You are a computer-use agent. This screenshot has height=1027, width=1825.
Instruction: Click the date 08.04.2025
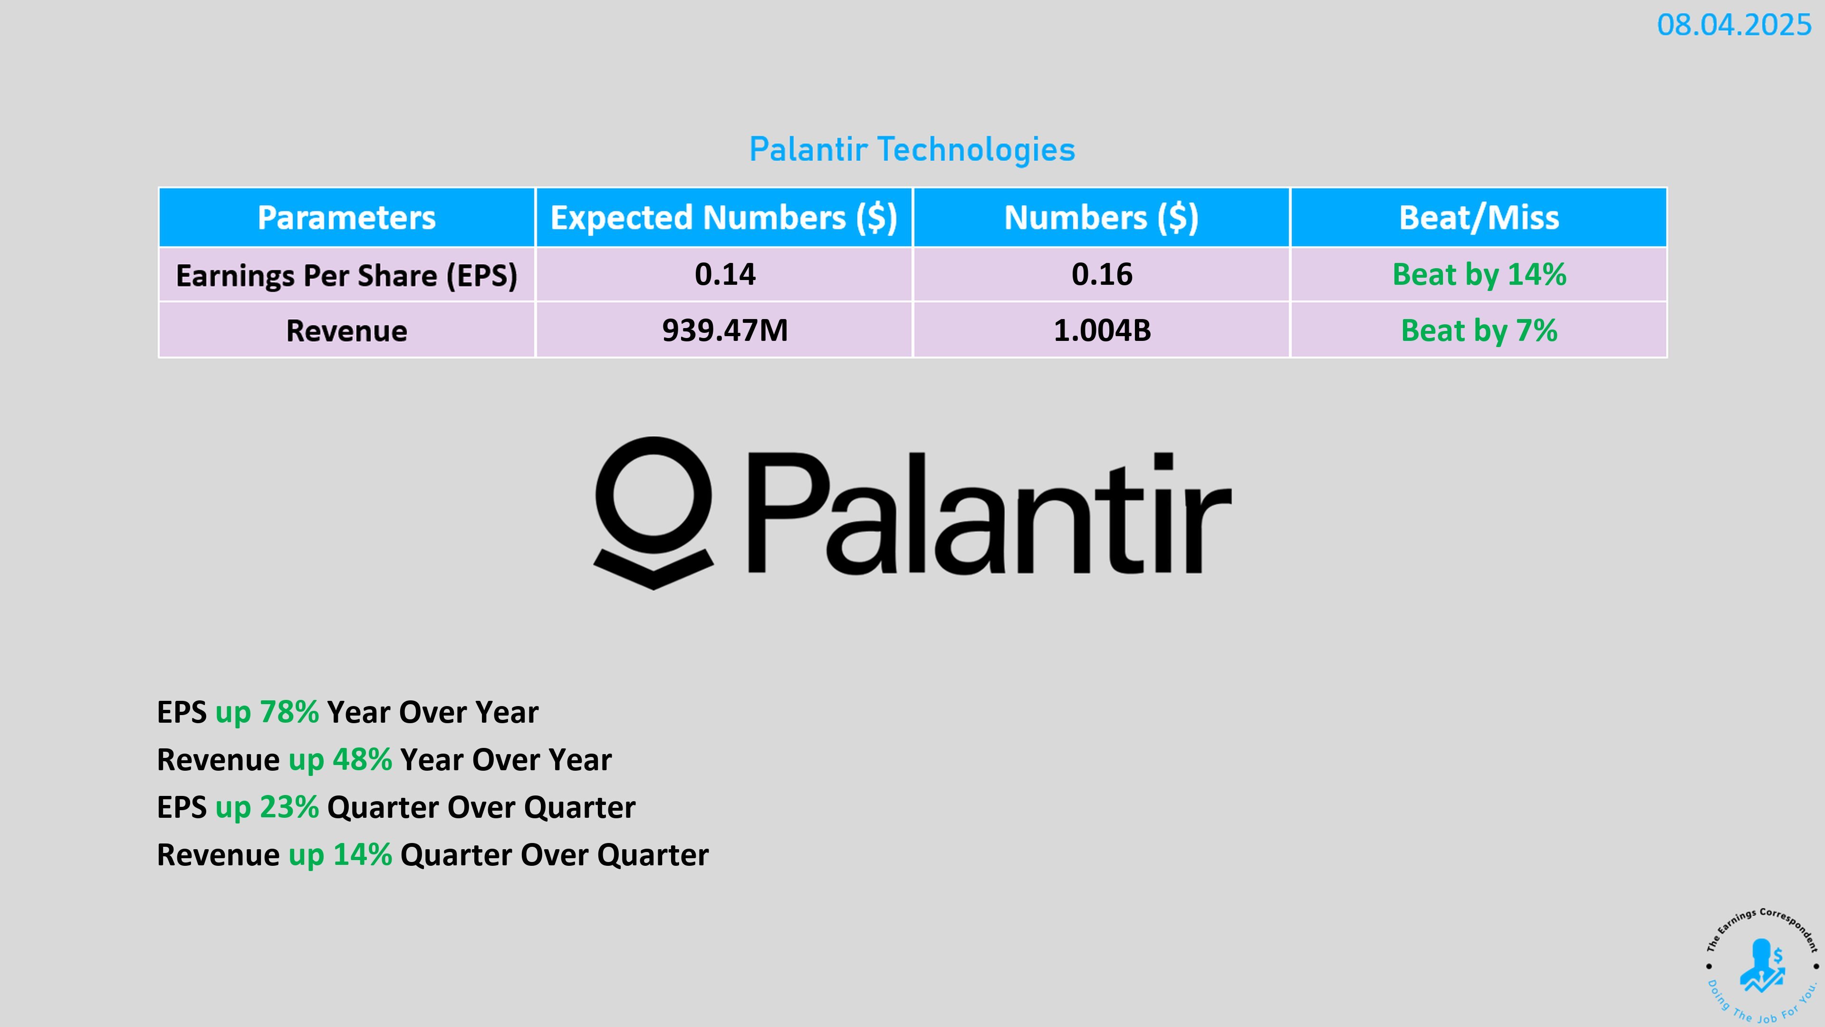pos(1734,26)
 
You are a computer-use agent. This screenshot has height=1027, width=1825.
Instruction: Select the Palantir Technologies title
pos(912,150)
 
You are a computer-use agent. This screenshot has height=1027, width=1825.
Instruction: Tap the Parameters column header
pos(346,218)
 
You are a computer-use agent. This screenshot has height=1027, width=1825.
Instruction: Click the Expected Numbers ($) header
pos(724,218)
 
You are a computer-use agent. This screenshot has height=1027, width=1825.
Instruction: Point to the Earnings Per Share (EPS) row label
pos(346,275)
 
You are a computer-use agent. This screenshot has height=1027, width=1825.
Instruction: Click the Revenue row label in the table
pos(346,331)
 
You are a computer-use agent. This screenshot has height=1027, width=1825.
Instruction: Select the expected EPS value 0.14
pos(725,274)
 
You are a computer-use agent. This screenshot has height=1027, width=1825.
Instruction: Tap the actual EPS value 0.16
pos(1102,274)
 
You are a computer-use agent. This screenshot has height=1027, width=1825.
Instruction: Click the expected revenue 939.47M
pos(725,330)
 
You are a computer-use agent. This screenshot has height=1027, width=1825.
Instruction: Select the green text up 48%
pos(340,760)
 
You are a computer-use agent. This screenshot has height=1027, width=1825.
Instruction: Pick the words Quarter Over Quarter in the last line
pos(554,855)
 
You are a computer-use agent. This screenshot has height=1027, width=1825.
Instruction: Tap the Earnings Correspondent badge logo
pos(1762,965)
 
